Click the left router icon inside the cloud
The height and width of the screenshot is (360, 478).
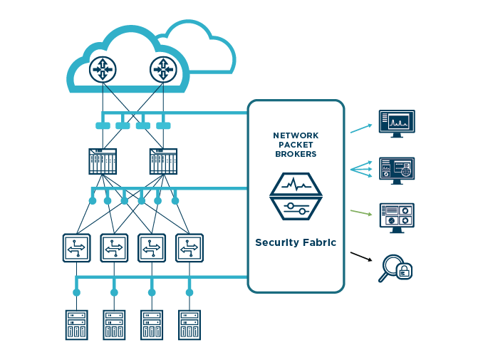(104, 68)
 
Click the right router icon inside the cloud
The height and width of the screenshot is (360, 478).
(163, 68)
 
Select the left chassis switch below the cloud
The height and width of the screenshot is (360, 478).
(103, 162)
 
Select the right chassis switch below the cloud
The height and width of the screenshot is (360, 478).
(163, 162)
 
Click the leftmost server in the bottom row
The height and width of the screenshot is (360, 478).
(76, 324)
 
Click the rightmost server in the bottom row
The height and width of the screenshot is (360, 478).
(189, 324)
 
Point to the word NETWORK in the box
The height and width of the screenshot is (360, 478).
(296, 135)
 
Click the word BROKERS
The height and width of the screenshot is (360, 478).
(296, 154)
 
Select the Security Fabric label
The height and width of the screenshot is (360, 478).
(296, 243)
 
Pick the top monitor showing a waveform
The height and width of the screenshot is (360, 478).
(397, 123)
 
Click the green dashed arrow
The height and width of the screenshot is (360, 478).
(361, 212)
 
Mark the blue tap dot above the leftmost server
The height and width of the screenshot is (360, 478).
(76, 292)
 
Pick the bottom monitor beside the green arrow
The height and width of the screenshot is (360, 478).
(397, 217)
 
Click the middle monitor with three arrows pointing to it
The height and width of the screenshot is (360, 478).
(397, 170)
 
